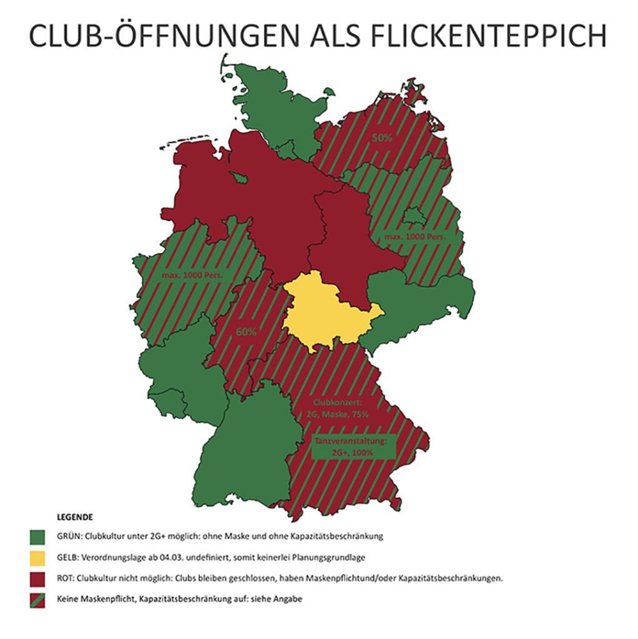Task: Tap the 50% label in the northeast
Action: tap(382, 138)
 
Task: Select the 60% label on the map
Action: tap(245, 332)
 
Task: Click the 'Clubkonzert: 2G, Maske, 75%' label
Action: tap(341, 408)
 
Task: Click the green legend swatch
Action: tap(39, 535)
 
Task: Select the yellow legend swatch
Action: tap(39, 557)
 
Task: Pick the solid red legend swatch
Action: tap(39, 578)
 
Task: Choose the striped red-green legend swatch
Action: tap(39, 599)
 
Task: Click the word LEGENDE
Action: tap(75, 517)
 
